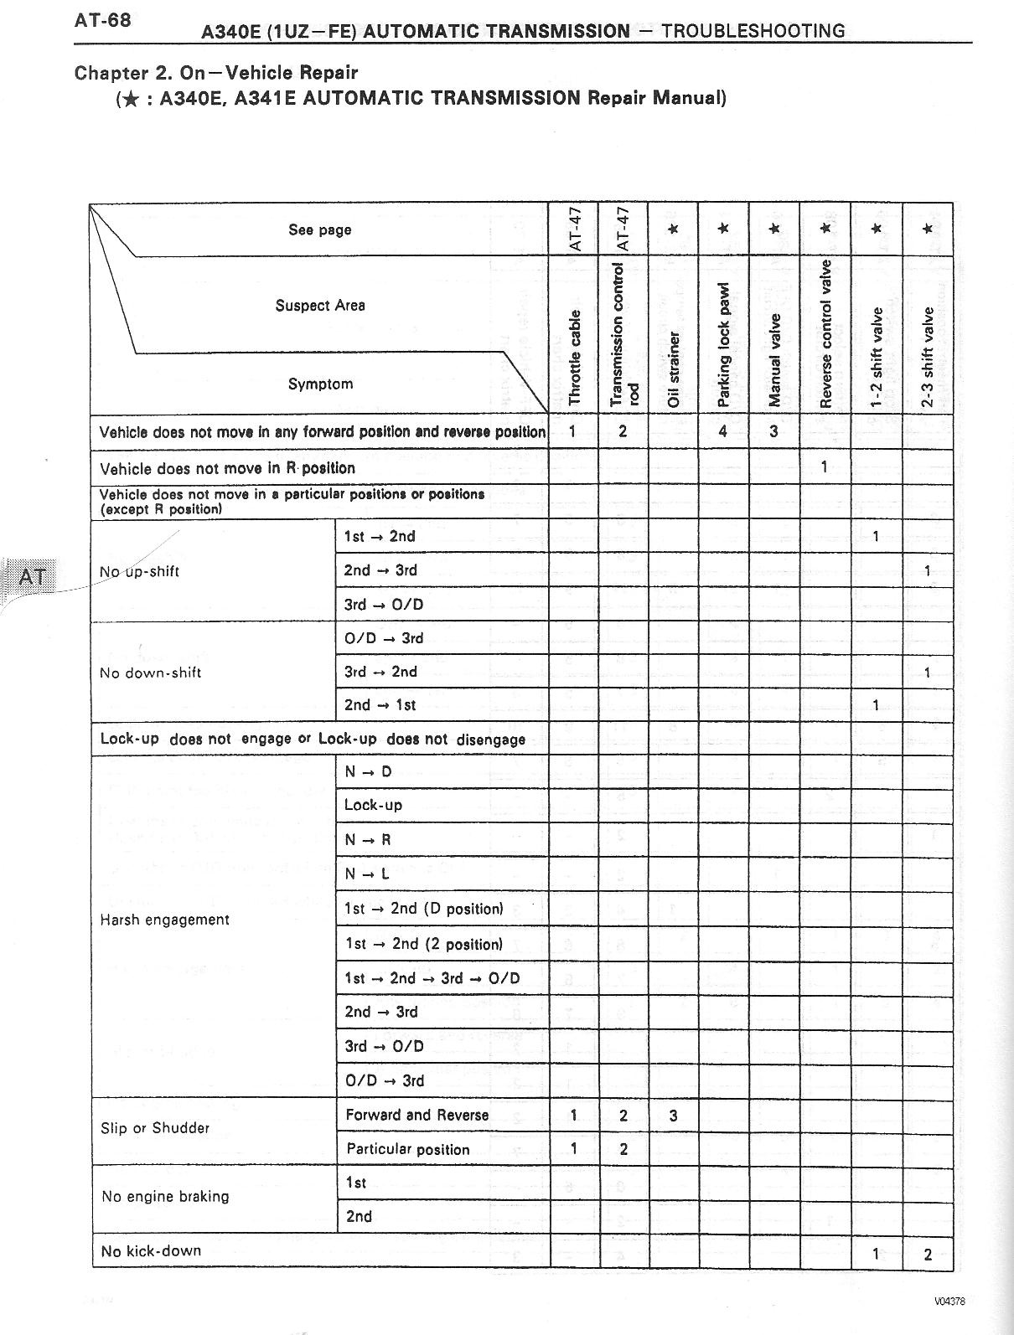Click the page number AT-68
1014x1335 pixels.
coord(102,19)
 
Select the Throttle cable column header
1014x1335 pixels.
coord(574,355)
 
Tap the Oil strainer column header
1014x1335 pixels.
coord(674,369)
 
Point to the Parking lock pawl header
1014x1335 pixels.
coord(724,344)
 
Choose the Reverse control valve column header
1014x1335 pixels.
coord(825,333)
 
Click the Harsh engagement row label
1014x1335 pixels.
coord(164,920)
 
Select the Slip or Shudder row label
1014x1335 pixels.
coord(155,1128)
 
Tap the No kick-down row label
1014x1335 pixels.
coord(151,1251)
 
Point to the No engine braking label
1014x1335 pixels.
coord(165,1197)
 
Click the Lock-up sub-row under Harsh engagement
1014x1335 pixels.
coord(374,806)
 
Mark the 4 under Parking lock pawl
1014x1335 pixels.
coord(723,432)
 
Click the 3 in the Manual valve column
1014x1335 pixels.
coord(773,432)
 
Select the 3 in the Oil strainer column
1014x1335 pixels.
coord(674,1116)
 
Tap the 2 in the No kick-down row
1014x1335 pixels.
coord(928,1255)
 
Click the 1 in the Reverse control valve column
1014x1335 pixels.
coord(825,466)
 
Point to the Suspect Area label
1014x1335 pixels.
coord(320,306)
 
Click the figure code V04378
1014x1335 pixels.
coord(949,1301)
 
